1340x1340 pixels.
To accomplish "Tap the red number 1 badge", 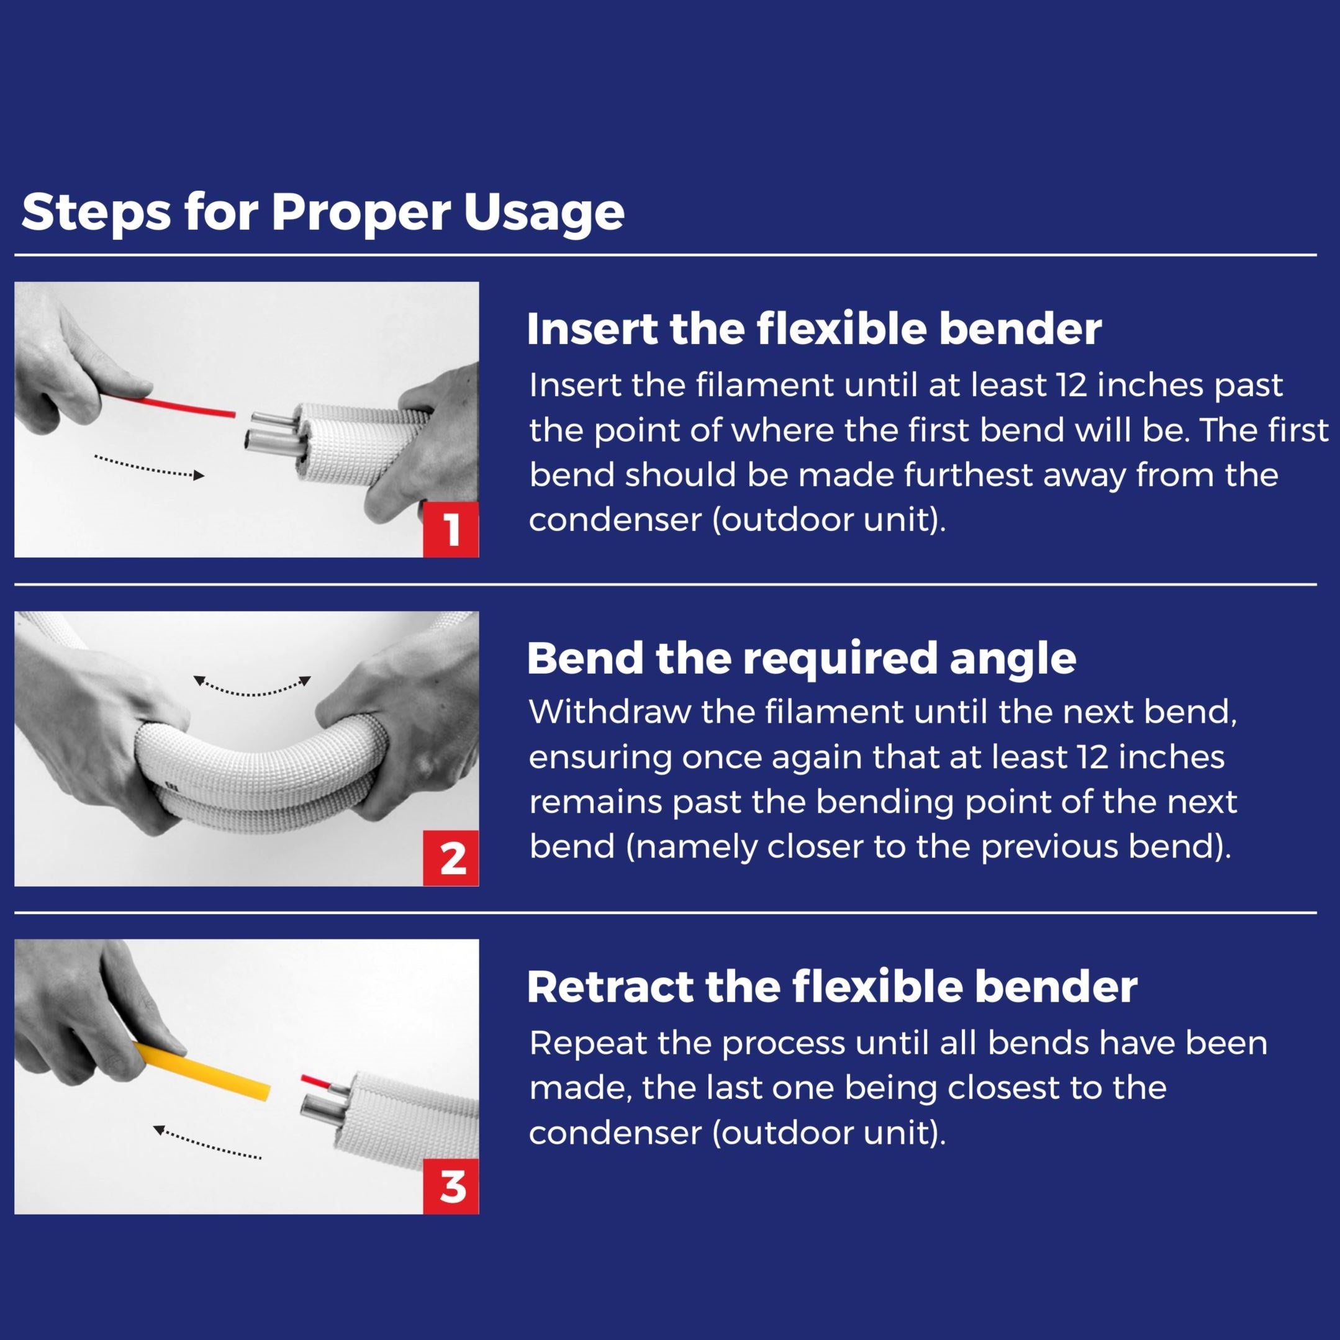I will [x=451, y=530].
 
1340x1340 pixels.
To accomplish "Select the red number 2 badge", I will [x=451, y=859].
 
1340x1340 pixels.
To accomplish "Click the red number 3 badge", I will [x=451, y=1187].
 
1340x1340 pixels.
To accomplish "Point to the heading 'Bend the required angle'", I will [x=800, y=658].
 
